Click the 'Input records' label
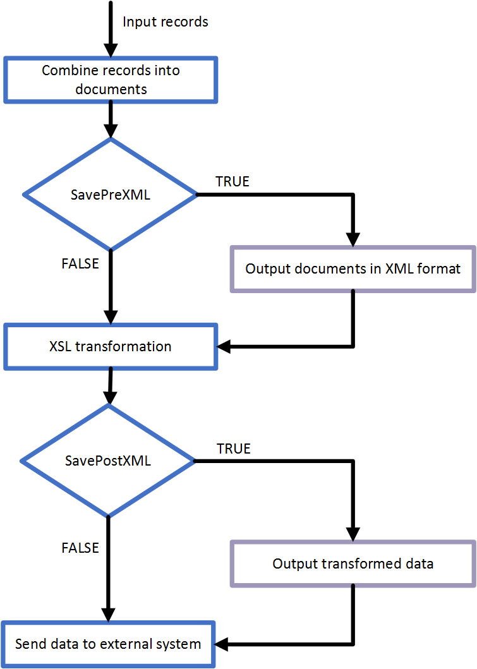point(166,22)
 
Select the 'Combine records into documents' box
point(111,80)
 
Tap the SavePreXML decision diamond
point(111,195)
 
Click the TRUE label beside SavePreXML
point(232,182)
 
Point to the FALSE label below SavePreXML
point(80,264)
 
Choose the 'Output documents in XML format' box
point(353,269)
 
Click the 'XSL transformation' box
point(111,346)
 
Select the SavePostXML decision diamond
point(108,461)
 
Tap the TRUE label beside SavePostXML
point(234,449)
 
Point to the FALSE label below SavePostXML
point(80,548)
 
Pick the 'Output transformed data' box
point(353,564)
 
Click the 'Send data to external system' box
point(108,645)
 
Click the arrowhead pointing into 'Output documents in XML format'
point(353,239)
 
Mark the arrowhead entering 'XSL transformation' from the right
point(225,346)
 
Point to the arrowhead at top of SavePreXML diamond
point(111,131)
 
